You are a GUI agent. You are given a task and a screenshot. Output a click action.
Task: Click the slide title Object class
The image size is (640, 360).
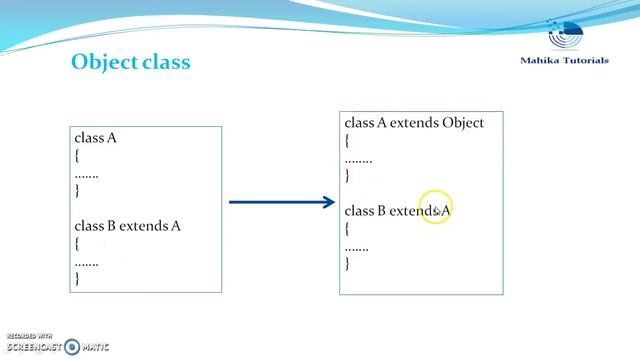(130, 62)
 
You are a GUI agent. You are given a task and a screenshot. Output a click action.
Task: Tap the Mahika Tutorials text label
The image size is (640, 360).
(564, 61)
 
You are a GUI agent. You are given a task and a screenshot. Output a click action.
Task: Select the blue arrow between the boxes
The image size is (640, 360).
(282, 202)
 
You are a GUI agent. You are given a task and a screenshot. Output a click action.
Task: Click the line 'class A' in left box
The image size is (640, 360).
(95, 138)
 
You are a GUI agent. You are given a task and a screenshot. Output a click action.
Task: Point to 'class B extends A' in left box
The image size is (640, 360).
(127, 226)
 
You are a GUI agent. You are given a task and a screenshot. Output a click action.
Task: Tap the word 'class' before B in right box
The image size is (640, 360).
(359, 211)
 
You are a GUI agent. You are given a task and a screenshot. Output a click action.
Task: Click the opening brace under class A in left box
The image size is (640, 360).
(77, 156)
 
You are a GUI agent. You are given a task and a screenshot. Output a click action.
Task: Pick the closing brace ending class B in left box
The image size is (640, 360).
(77, 279)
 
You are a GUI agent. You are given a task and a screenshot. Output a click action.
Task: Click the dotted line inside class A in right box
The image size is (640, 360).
(358, 158)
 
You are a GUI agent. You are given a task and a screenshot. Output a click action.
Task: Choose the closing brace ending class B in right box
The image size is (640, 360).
(348, 263)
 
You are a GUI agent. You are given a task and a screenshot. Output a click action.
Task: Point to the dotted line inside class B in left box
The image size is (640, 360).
(87, 262)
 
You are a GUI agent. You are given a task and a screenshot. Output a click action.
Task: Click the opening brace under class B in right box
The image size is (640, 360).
(348, 228)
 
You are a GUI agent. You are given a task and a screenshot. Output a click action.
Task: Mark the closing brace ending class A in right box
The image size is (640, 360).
(348, 175)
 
